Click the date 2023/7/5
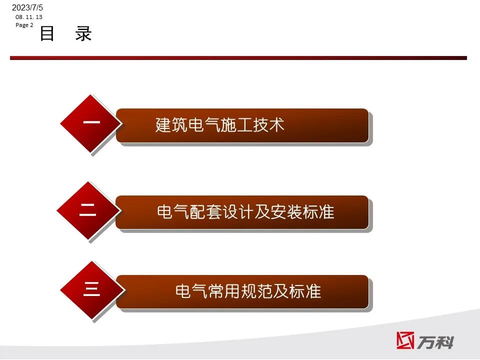click(x=27, y=7)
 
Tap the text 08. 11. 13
click(x=29, y=17)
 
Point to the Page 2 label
click(x=24, y=25)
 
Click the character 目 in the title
click(x=47, y=33)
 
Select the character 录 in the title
click(x=83, y=33)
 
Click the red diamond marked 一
click(x=91, y=123)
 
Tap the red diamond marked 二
click(x=88, y=210)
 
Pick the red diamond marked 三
click(x=92, y=289)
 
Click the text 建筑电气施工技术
click(x=220, y=125)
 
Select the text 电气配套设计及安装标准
click(x=245, y=212)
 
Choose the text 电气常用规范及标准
click(x=248, y=291)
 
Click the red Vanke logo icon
click(x=405, y=340)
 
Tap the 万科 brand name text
click(x=435, y=342)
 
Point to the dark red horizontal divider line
click(x=238, y=58)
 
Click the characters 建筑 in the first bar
click(x=171, y=125)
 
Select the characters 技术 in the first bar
click(x=268, y=125)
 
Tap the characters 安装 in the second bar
click(x=286, y=212)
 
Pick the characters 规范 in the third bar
click(x=256, y=291)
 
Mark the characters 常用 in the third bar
click(x=224, y=291)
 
